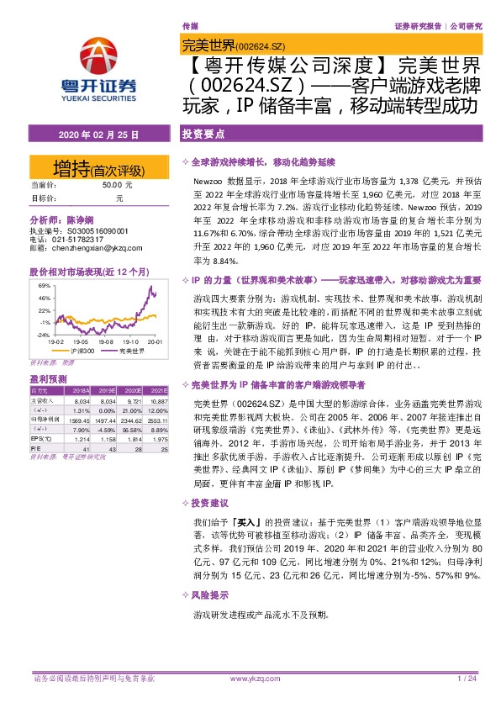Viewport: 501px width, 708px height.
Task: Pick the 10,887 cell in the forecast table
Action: (157, 403)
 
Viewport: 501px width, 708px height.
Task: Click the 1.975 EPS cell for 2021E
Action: (158, 441)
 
